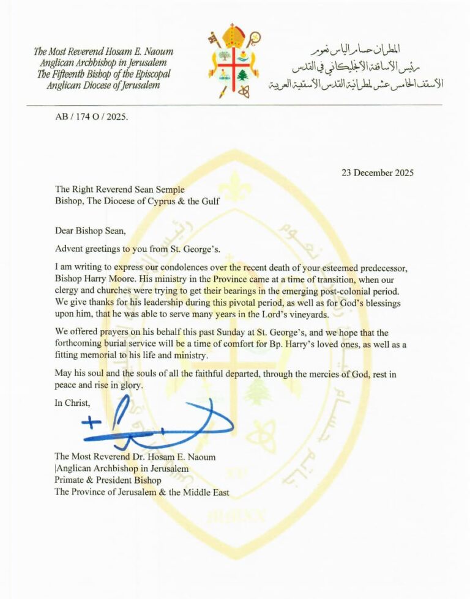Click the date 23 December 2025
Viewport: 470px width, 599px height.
[377, 172]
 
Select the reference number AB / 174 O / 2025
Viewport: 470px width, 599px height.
[92, 117]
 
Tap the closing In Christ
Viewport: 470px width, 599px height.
[72, 403]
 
